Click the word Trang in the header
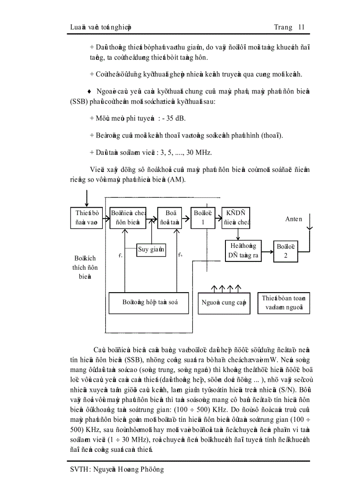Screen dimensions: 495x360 (283, 27)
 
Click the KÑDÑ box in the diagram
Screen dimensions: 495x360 (236, 218)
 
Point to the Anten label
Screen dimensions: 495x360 (293, 219)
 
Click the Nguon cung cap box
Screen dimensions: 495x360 (224, 303)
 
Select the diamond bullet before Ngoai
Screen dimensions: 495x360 (89, 91)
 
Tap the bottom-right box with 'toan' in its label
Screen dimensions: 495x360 (284, 303)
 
